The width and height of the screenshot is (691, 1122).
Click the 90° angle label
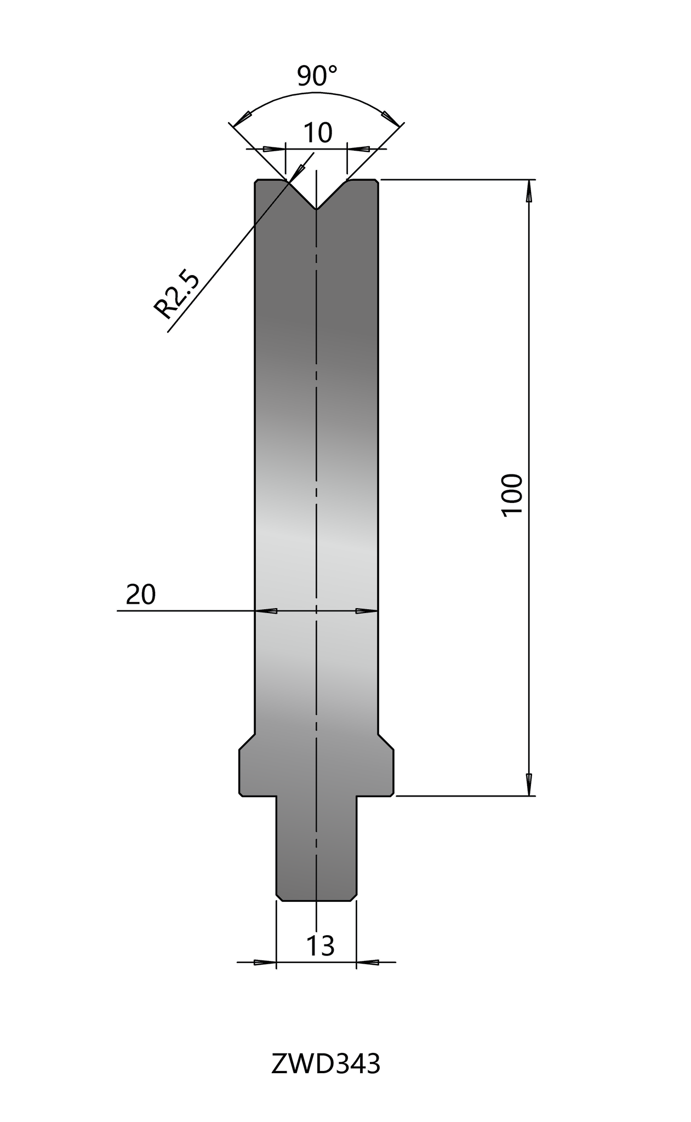tap(317, 76)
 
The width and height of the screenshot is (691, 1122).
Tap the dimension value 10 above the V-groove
tap(317, 133)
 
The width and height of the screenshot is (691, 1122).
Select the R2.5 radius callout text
tap(176, 295)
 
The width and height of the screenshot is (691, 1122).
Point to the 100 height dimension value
tap(512, 494)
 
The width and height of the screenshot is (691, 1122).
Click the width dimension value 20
tap(141, 594)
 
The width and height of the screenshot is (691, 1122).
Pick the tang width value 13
tap(320, 946)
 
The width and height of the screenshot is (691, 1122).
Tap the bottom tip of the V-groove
tap(316, 209)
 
